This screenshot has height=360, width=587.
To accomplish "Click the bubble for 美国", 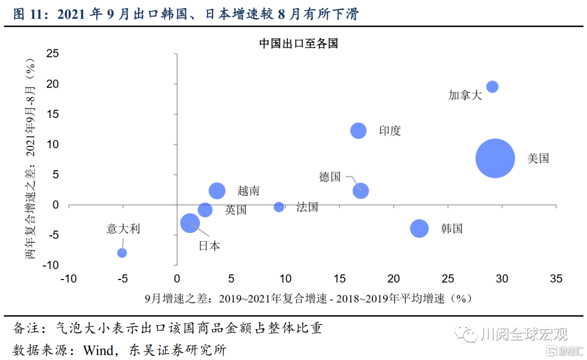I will click(495, 158).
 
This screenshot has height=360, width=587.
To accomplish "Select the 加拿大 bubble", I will click(492, 86).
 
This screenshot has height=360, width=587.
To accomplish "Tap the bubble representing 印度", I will click(358, 131).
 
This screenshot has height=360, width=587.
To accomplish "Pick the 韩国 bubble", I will click(419, 228).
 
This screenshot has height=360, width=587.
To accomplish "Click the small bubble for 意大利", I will click(122, 253).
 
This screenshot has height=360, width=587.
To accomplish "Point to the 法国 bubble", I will click(279, 207).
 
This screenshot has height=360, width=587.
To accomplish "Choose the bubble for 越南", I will click(217, 190).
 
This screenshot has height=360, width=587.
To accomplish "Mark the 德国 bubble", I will click(360, 191).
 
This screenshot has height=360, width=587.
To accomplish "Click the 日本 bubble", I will click(190, 222).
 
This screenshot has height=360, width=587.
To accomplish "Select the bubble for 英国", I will click(205, 210).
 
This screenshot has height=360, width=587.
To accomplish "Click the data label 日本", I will click(209, 246).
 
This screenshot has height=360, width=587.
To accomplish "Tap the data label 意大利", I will click(123, 229).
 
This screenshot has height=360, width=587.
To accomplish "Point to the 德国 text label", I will click(330, 177).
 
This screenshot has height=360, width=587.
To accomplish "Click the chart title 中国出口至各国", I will click(298, 44).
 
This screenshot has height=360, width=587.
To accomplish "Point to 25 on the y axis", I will click(53, 53).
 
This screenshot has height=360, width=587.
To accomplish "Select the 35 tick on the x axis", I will click(555, 279).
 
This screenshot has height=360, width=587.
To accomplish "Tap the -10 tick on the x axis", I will click(68, 279).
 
